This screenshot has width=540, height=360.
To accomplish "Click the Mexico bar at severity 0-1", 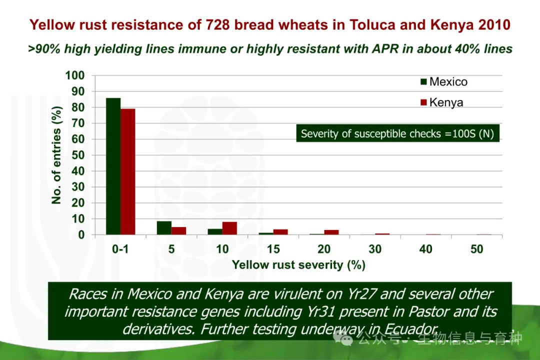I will coord(113,166).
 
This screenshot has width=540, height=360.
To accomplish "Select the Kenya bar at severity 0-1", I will coord(128,171).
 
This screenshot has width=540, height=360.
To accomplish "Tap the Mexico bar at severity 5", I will coord(164,228).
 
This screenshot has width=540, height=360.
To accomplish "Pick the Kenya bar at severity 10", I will coord(229,228).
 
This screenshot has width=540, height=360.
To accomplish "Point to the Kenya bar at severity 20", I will coord(331,232).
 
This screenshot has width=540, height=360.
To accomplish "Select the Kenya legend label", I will coord(446,102).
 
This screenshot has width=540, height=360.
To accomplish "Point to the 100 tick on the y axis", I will coord(75,75).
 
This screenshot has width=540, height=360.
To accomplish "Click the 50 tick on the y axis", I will coord(78,155).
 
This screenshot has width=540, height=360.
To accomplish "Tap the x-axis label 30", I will coord(375,249).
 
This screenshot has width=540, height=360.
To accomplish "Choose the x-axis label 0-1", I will coord(120,249).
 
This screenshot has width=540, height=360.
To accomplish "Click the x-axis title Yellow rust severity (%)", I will coord(298,265).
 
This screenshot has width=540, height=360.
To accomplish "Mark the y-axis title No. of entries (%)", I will coord(56,155).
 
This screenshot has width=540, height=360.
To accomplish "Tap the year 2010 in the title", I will coord(493,24).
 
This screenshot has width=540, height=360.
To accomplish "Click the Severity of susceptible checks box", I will coord(397,133).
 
